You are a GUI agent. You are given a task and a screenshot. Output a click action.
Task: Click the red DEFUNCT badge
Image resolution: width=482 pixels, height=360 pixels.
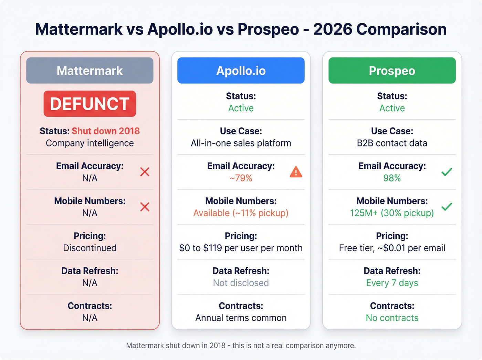pyautogui.click(x=90, y=104)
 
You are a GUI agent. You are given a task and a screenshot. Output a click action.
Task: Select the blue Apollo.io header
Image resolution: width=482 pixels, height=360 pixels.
pyautogui.click(x=241, y=71)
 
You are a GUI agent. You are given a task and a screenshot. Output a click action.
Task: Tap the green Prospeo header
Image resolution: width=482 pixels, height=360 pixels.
pyautogui.click(x=392, y=71)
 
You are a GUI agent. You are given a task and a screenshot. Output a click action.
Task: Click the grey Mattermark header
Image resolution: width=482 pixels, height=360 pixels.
pyautogui.click(x=90, y=71)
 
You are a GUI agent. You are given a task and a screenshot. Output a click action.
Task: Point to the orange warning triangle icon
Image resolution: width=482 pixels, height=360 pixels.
pyautogui.click(x=296, y=172)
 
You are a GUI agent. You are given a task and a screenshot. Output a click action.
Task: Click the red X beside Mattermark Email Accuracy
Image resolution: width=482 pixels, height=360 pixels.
pyautogui.click(x=145, y=172)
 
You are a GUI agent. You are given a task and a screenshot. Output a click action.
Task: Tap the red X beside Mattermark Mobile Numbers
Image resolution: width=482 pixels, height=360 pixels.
pyautogui.click(x=145, y=207)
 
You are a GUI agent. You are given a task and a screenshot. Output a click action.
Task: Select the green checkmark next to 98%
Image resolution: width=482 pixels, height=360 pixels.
pyautogui.click(x=447, y=172)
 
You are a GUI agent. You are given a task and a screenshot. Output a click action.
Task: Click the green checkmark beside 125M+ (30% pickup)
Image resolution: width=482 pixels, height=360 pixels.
pyautogui.click(x=447, y=207)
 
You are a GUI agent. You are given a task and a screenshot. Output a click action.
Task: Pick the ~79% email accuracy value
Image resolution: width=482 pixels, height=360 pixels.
pyautogui.click(x=241, y=178)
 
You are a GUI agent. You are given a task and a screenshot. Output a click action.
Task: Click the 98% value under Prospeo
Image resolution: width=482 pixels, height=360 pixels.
pyautogui.click(x=392, y=178)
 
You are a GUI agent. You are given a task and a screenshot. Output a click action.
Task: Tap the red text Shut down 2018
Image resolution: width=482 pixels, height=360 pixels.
pyautogui.click(x=106, y=131)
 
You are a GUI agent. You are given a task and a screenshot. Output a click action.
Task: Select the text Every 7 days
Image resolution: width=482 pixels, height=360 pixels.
pyautogui.click(x=392, y=283)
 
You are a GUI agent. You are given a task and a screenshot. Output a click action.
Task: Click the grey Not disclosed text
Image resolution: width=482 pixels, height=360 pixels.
pyautogui.click(x=241, y=283)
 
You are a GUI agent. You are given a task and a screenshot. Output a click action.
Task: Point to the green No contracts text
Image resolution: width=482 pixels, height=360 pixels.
pyautogui.click(x=392, y=318)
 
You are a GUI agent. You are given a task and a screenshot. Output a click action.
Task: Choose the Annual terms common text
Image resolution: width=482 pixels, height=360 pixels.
pyautogui.click(x=241, y=318)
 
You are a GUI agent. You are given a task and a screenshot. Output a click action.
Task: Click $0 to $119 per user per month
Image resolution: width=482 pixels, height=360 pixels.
pyautogui.click(x=241, y=248)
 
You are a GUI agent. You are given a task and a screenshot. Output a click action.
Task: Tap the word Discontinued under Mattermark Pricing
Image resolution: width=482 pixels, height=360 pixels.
pyautogui.click(x=90, y=248)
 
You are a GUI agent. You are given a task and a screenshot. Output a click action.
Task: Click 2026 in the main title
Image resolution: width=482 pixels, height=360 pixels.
pyautogui.click(x=333, y=29)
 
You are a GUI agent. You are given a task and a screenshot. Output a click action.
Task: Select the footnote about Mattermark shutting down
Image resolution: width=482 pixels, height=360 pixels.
pyautogui.click(x=241, y=346)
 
